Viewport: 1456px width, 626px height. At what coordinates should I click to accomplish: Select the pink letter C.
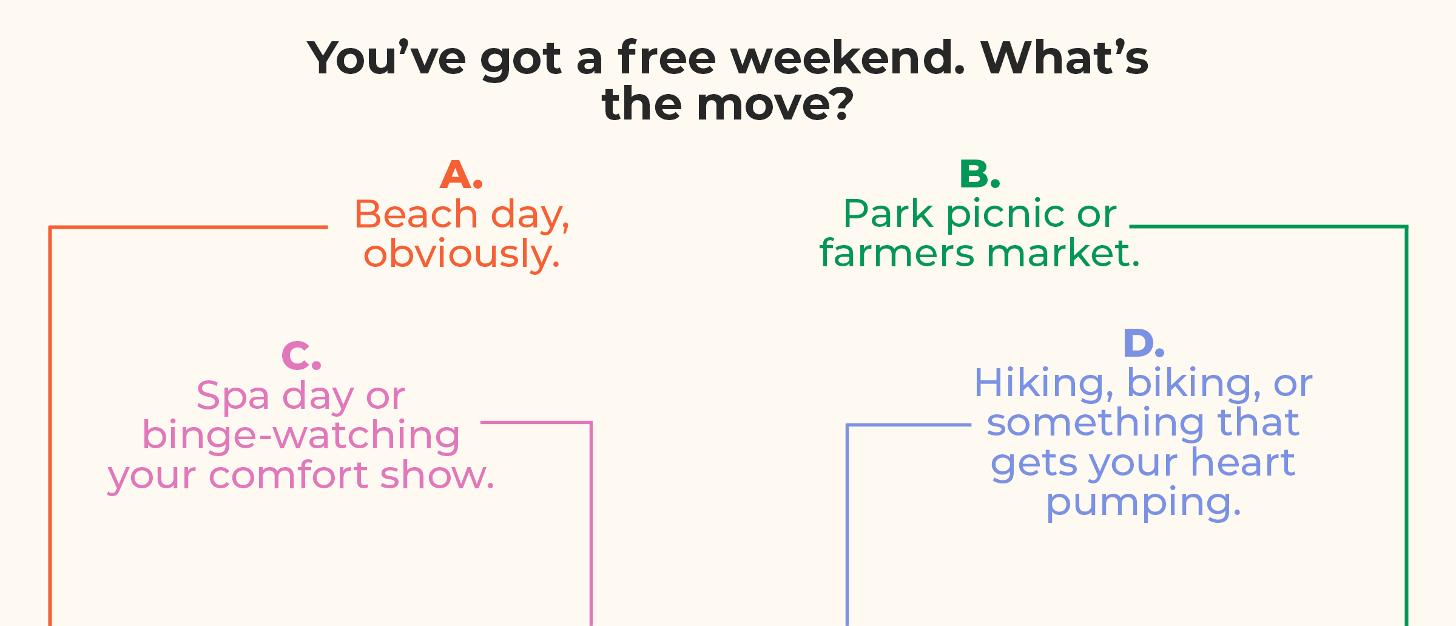pyautogui.click(x=296, y=355)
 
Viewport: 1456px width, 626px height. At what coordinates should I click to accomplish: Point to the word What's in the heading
pyautogui.click(x=1065, y=58)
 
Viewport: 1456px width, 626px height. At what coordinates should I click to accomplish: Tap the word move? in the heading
pyautogui.click(x=775, y=104)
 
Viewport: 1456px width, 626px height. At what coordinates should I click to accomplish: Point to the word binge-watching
pyautogui.click(x=302, y=436)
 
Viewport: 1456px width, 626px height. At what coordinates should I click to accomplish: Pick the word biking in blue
pyautogui.click(x=1188, y=384)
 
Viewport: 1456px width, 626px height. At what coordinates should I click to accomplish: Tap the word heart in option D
pyautogui.click(x=1243, y=463)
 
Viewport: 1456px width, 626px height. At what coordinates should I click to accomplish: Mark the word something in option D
pyautogui.click(x=1096, y=424)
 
